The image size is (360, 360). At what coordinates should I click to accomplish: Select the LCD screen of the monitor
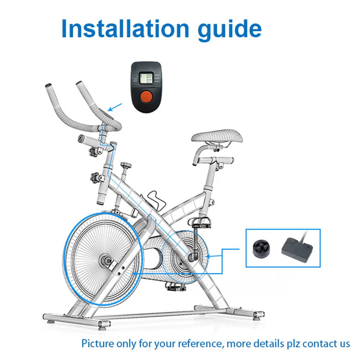pyautogui.click(x=146, y=78)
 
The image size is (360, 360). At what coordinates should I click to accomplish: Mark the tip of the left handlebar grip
pyautogui.click(x=48, y=87)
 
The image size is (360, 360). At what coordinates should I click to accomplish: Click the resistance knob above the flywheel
pyautogui.click(x=126, y=166)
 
